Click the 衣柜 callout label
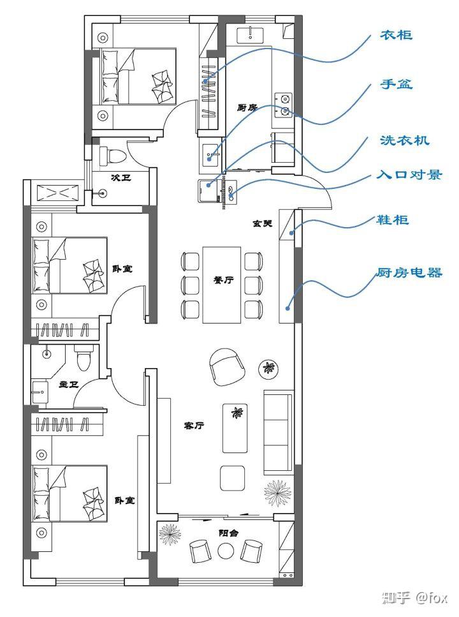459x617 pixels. [x=396, y=36]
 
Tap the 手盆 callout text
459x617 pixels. [x=396, y=84]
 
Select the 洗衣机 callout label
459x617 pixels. [x=404, y=140]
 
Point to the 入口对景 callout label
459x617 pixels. [x=409, y=174]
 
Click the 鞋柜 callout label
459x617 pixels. [x=393, y=219]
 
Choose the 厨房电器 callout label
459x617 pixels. [x=409, y=272]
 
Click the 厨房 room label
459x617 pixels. [x=247, y=107]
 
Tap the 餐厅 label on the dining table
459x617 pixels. [x=223, y=279]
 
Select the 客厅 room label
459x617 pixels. [x=194, y=426]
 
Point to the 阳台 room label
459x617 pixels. [x=228, y=533]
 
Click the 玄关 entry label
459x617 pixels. [x=263, y=223]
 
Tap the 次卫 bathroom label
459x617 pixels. [x=120, y=177]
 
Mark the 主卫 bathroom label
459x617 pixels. [x=69, y=384]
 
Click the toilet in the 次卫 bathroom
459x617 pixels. [x=112, y=156]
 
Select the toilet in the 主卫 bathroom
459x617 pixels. [x=84, y=358]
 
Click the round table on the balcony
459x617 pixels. [x=226, y=551]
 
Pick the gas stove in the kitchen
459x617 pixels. [x=283, y=105]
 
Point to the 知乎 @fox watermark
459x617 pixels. [x=415, y=598]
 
